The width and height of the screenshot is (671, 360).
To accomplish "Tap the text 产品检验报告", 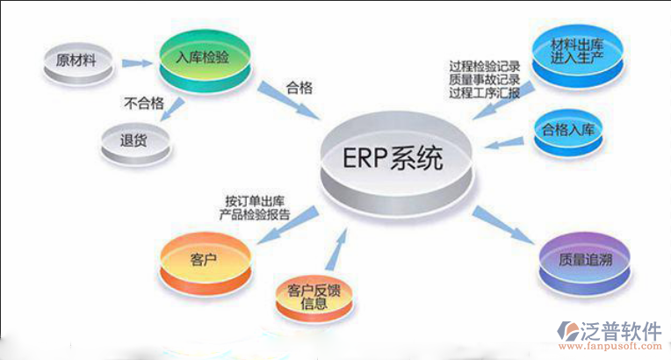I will click(x=255, y=214).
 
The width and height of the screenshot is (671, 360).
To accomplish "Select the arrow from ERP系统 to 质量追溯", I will click(x=502, y=223).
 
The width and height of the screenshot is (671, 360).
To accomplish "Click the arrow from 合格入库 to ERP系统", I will click(x=501, y=140).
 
